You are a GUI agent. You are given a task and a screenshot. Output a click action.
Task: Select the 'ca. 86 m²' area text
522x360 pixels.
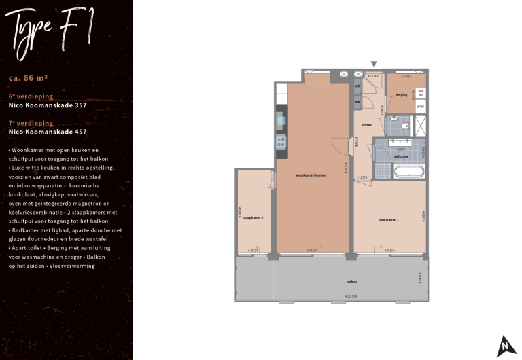28,77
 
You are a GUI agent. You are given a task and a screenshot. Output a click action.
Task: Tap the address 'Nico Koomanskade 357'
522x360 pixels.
48,106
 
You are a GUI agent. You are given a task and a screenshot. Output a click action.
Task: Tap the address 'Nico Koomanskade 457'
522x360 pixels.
48,132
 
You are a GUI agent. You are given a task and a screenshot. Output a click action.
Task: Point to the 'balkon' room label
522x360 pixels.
351,281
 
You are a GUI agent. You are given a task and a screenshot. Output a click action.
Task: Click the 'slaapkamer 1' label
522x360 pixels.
388,219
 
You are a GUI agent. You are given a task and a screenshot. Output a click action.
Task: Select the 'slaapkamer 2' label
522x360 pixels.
253,217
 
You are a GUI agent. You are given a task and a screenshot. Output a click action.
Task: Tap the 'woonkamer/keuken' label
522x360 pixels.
311,175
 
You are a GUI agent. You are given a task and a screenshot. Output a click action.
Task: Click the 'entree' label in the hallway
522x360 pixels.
366,125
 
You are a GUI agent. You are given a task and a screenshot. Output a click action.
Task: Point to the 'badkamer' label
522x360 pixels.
402,156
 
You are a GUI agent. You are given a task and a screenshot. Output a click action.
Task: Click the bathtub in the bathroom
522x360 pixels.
408,171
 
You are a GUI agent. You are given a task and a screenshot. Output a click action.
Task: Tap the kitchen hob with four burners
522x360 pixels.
281,142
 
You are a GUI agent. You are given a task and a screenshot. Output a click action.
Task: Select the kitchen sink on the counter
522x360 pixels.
281,122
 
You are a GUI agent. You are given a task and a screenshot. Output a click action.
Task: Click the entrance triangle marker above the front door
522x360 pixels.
373,64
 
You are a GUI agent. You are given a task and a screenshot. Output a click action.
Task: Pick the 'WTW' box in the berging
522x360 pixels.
421,107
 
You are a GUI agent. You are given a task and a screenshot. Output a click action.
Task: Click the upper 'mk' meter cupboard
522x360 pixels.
358,87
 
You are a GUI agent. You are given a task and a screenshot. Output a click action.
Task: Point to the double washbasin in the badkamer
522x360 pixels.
402,143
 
